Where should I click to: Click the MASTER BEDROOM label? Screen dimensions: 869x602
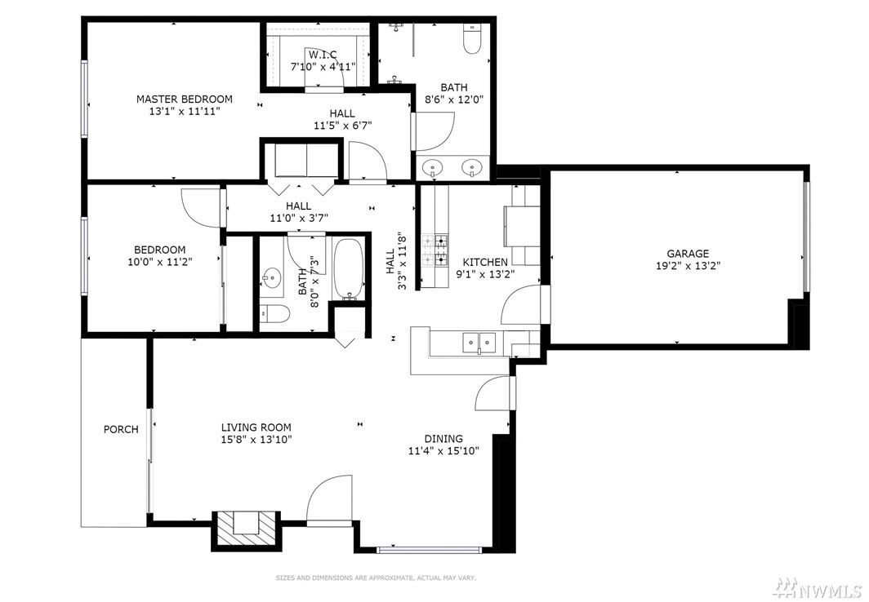185,100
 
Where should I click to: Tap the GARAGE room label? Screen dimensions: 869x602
688,254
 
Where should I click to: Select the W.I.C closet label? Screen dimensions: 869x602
323,55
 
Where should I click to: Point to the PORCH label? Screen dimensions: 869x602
121,429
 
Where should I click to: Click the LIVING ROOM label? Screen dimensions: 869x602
256,427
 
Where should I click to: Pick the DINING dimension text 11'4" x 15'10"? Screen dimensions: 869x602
444,451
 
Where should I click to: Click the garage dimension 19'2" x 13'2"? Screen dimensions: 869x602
688,266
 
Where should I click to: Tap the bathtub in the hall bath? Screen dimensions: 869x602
349,269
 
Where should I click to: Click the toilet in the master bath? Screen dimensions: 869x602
472,38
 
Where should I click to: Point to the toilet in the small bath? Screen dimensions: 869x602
274,314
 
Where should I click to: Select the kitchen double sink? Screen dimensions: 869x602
479,343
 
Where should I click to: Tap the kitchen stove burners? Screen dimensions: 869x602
435,250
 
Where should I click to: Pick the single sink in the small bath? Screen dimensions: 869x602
272,277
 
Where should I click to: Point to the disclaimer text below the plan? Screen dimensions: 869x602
377,578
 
